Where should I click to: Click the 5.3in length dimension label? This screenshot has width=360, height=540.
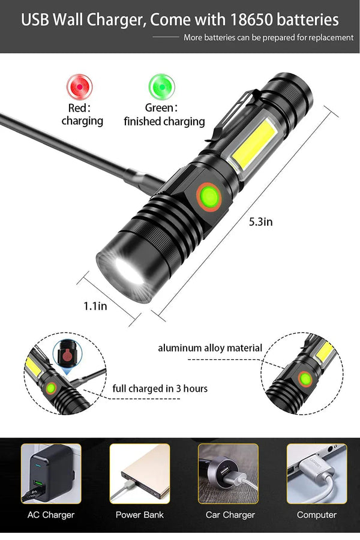(260, 221)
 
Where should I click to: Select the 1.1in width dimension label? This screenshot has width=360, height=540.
(95, 306)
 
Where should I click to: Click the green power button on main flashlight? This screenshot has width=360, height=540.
(208, 196)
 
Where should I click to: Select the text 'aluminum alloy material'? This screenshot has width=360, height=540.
(210, 348)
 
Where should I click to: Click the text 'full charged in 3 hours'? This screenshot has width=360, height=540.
(160, 388)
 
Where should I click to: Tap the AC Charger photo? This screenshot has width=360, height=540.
(51, 473)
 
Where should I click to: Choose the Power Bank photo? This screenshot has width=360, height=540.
(140, 473)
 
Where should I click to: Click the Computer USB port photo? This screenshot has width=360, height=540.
(316, 473)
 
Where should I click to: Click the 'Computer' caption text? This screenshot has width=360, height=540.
(317, 515)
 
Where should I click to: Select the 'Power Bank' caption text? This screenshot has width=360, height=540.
(140, 515)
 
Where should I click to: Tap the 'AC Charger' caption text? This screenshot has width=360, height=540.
(51, 515)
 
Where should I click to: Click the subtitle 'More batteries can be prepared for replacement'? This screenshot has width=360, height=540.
(268, 37)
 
